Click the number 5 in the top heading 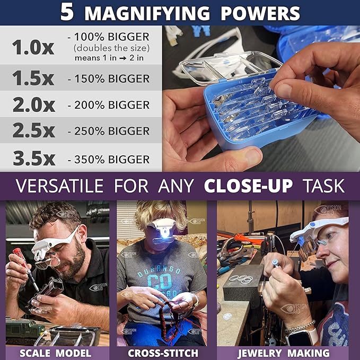pos(67,12)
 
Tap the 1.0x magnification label pos(33,47)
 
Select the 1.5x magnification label pos(33,78)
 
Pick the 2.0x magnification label pos(33,104)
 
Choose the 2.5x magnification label pos(33,130)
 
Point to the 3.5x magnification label pos(33,159)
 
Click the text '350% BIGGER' pos(109,160)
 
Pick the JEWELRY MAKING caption pos(284,353)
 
